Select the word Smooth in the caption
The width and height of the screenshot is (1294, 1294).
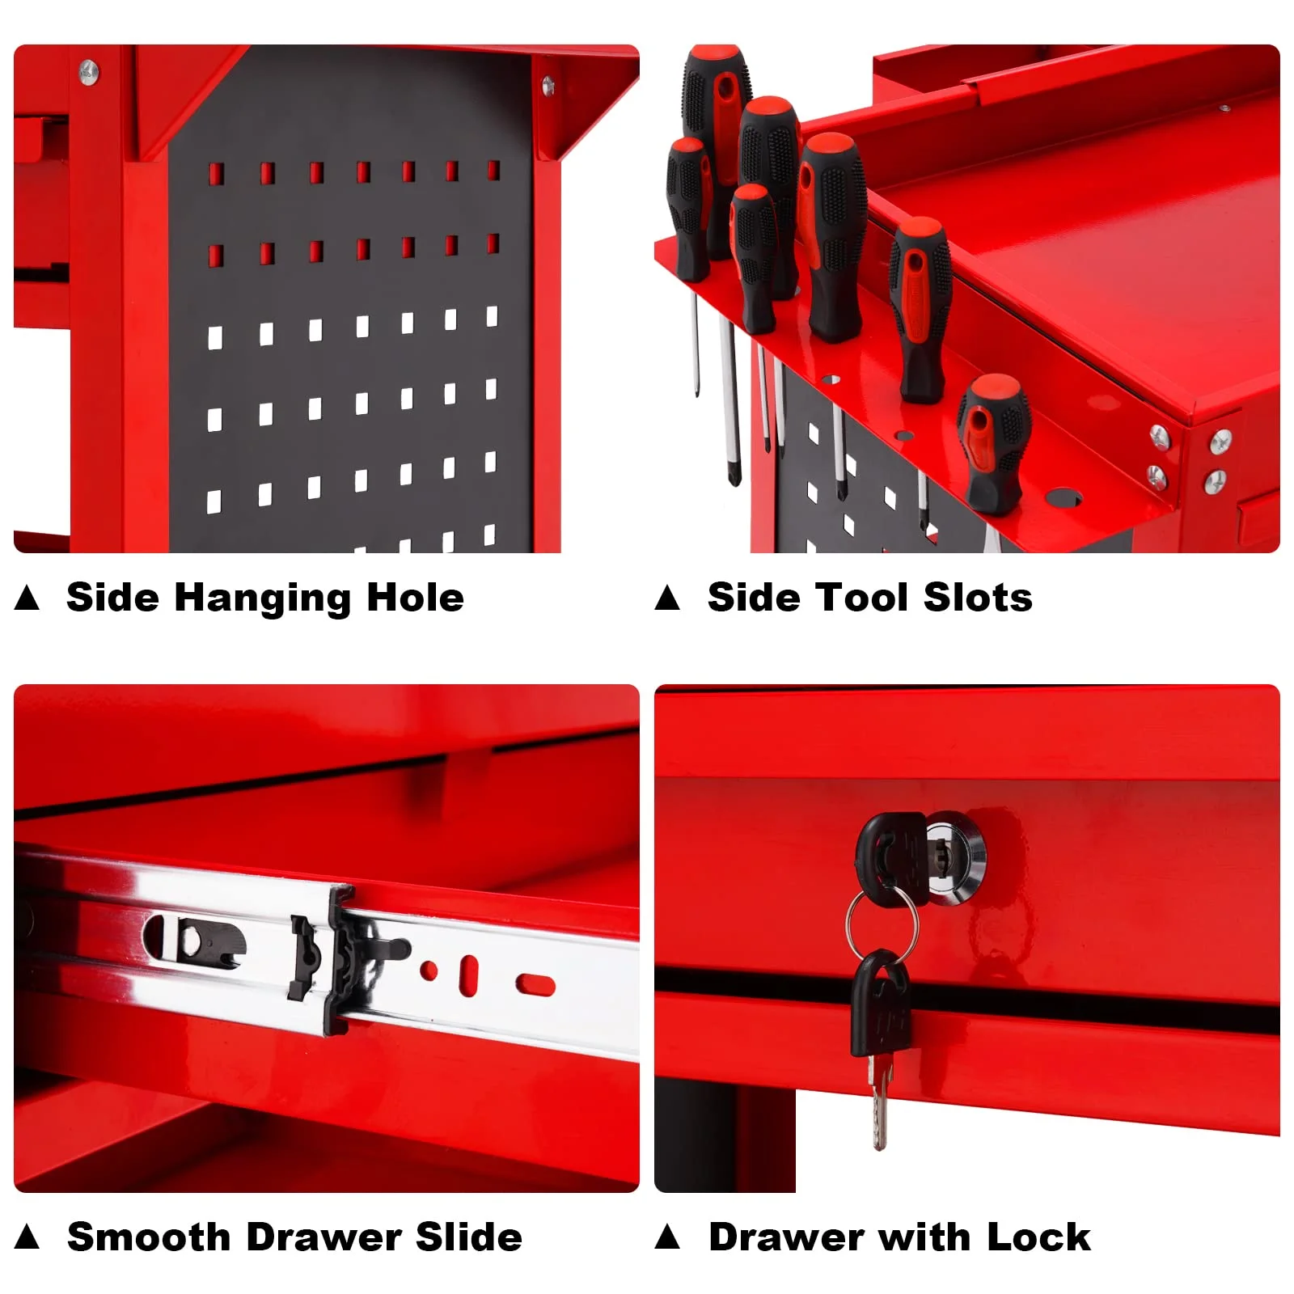point(149,1237)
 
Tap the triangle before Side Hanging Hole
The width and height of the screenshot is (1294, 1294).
point(27,598)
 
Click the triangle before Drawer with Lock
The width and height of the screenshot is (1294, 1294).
point(667,1237)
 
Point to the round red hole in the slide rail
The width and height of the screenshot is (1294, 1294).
point(429,970)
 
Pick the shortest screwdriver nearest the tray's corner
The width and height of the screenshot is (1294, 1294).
point(993,443)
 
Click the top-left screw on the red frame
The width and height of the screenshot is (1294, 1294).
point(88,70)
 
